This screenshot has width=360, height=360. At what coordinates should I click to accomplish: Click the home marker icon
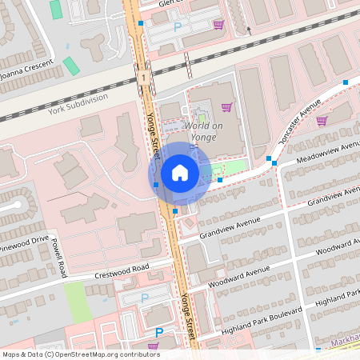click(x=179, y=173)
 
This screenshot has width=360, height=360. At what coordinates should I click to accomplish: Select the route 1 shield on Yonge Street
click(x=142, y=78)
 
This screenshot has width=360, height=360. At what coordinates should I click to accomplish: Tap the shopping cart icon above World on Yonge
click(x=226, y=107)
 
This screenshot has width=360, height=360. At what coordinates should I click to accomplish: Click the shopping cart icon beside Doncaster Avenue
click(x=322, y=121)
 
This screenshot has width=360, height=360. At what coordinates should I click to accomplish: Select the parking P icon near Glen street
click(x=178, y=27)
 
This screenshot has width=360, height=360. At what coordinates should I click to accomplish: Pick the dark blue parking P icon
click(x=158, y=332)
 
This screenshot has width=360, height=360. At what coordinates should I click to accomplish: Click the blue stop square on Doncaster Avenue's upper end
click(x=346, y=82)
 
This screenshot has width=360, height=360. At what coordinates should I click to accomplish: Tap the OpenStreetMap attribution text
click(x=81, y=354)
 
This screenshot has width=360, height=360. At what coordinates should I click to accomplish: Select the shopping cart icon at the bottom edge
click(x=153, y=346)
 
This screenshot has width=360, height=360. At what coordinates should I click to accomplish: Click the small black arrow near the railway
click(x=248, y=30)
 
